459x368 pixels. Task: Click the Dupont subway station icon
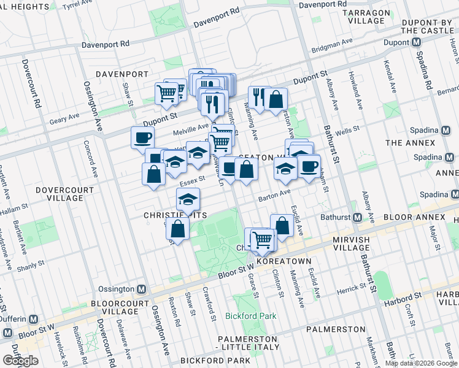(417, 42)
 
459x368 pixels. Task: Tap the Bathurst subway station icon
(357, 218)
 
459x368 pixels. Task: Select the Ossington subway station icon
(141, 289)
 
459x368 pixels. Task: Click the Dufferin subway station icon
(34, 320)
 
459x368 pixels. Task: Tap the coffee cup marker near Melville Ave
(142, 137)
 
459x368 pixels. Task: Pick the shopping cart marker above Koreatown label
(263, 239)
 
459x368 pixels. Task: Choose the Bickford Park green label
(250, 316)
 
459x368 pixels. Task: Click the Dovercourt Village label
(59, 194)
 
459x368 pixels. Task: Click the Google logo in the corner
(20, 361)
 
